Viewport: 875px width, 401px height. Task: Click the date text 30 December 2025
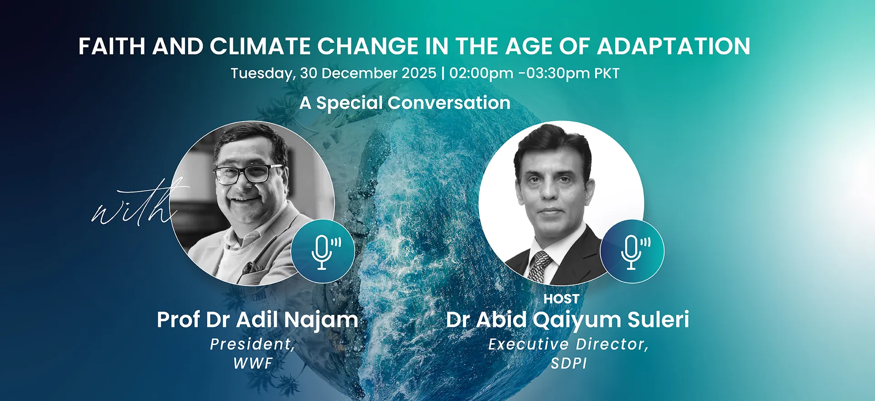pos(368,73)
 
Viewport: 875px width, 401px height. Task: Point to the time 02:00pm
pos(481,73)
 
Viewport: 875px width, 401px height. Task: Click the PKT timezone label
pos(607,73)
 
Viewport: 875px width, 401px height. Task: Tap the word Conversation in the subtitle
pos(449,103)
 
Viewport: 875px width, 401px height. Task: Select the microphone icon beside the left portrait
pos(323,251)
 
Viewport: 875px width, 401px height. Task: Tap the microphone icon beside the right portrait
pos(632,251)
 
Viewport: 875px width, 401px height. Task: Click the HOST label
pos(561,299)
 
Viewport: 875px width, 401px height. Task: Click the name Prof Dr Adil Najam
pos(257,320)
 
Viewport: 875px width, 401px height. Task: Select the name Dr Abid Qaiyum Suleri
pos(567,320)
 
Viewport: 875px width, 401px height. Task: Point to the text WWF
pos(253,363)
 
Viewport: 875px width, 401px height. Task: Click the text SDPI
pos(569,363)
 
